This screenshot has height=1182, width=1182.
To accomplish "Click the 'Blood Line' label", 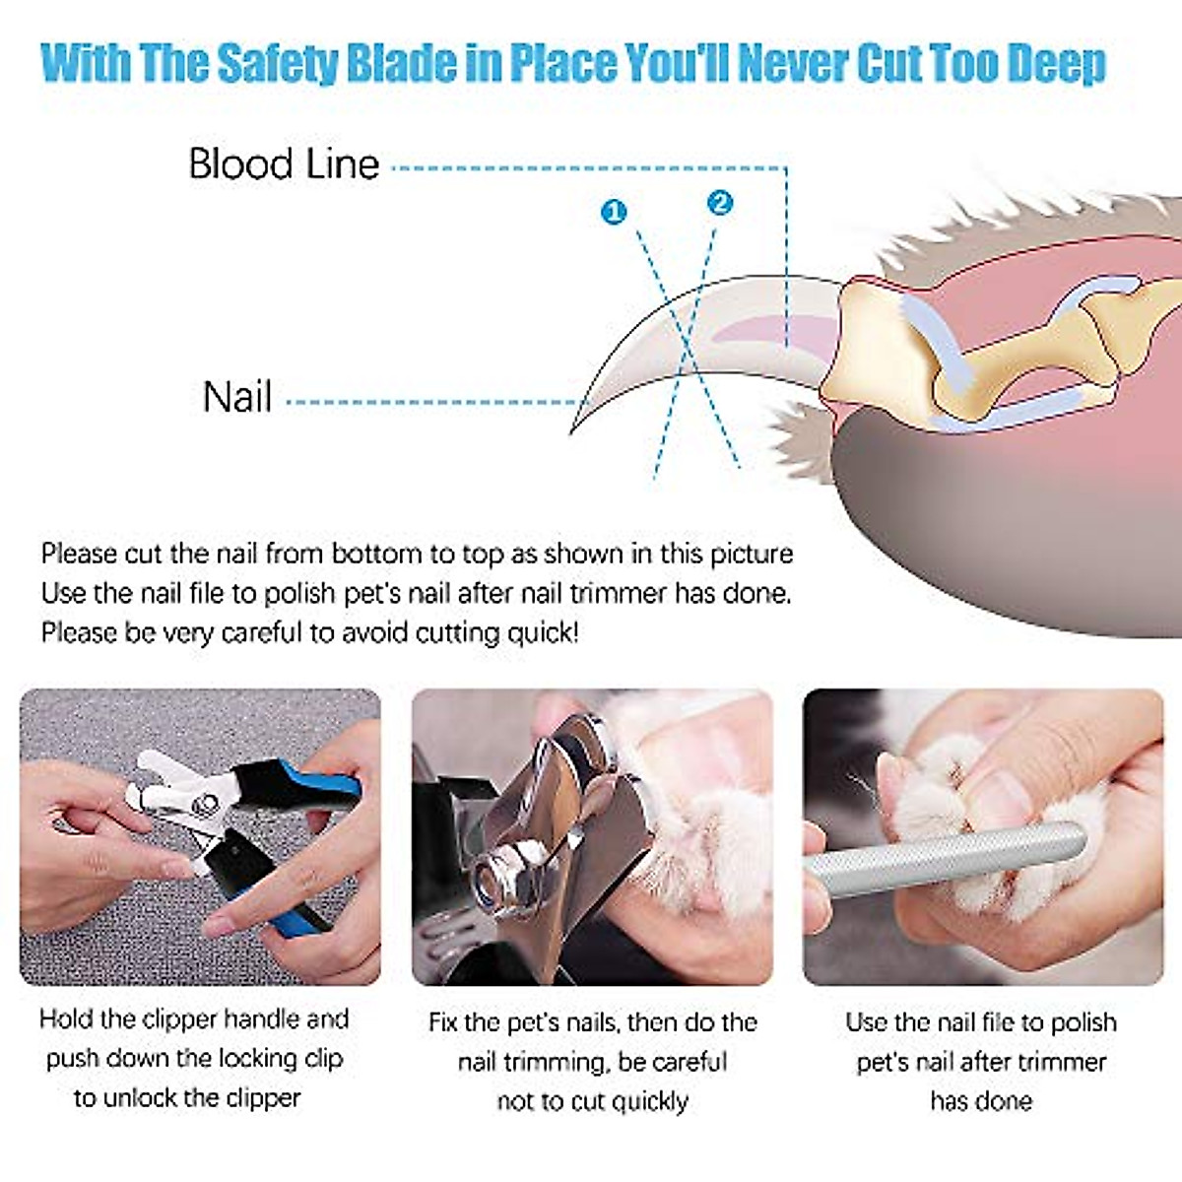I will coord(284,164).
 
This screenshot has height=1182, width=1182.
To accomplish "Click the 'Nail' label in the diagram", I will coord(236,397).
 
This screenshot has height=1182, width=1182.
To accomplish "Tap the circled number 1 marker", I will coord(614,212).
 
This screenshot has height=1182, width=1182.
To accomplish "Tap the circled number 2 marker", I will coord(720,203).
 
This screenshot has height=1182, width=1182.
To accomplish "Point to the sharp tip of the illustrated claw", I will coord(573,429).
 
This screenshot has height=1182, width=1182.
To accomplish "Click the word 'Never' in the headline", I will coord(792,63).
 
